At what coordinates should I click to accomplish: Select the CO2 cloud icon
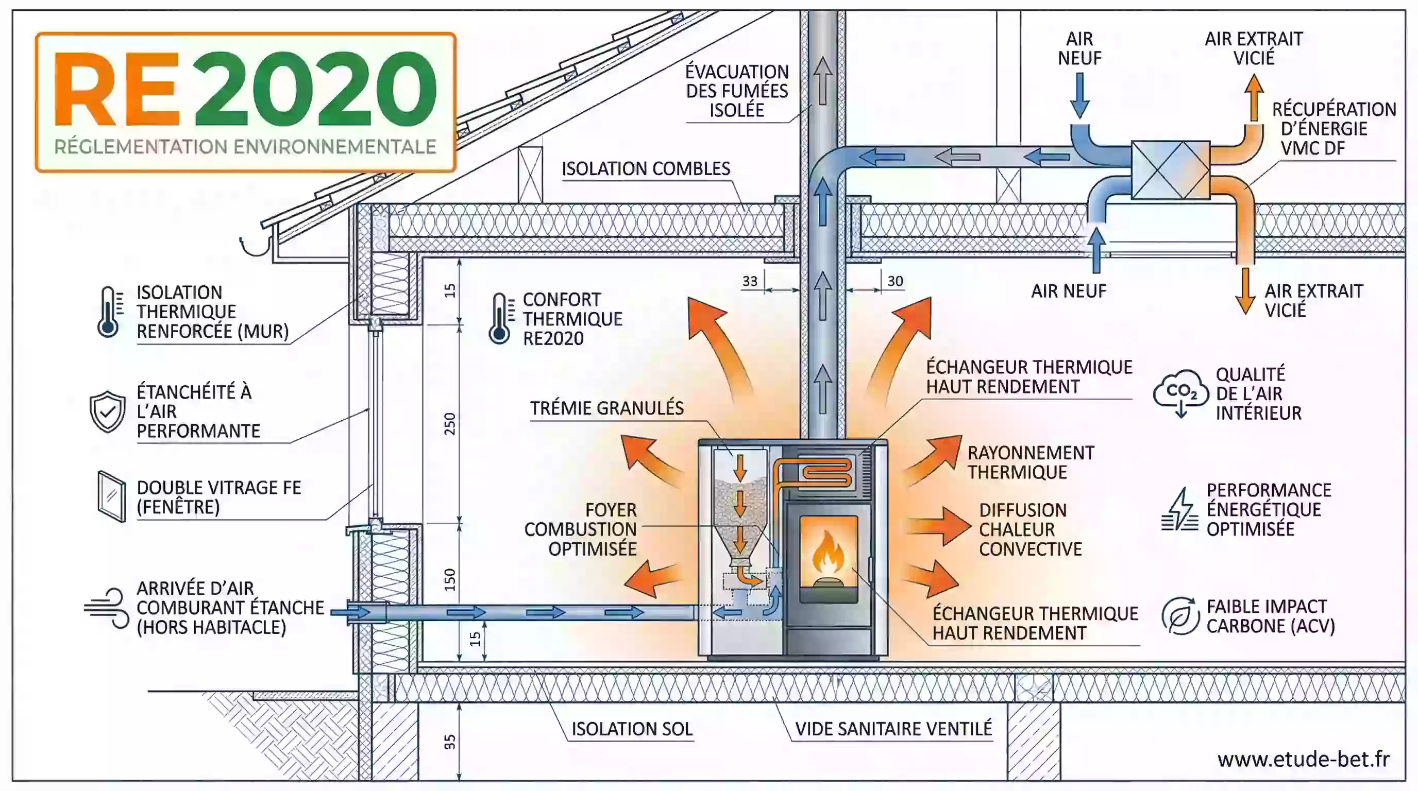tap(1181, 392)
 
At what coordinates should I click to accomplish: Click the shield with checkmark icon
tap(107, 411)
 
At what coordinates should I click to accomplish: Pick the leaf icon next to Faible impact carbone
tap(1180, 616)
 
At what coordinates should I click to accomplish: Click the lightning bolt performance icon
tap(1179, 510)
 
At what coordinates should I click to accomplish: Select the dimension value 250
tap(450, 423)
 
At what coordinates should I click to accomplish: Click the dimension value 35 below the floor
tap(450, 742)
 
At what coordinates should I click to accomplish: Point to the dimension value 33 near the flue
tap(750, 281)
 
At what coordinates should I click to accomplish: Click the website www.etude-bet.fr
tap(1303, 759)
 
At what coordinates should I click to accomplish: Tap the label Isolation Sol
tap(631, 729)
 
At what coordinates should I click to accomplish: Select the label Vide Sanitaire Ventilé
tap(893, 729)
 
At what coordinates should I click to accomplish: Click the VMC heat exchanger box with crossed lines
tap(1170, 169)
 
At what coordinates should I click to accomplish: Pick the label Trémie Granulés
tap(606, 408)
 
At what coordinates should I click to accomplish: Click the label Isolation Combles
tap(645, 168)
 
